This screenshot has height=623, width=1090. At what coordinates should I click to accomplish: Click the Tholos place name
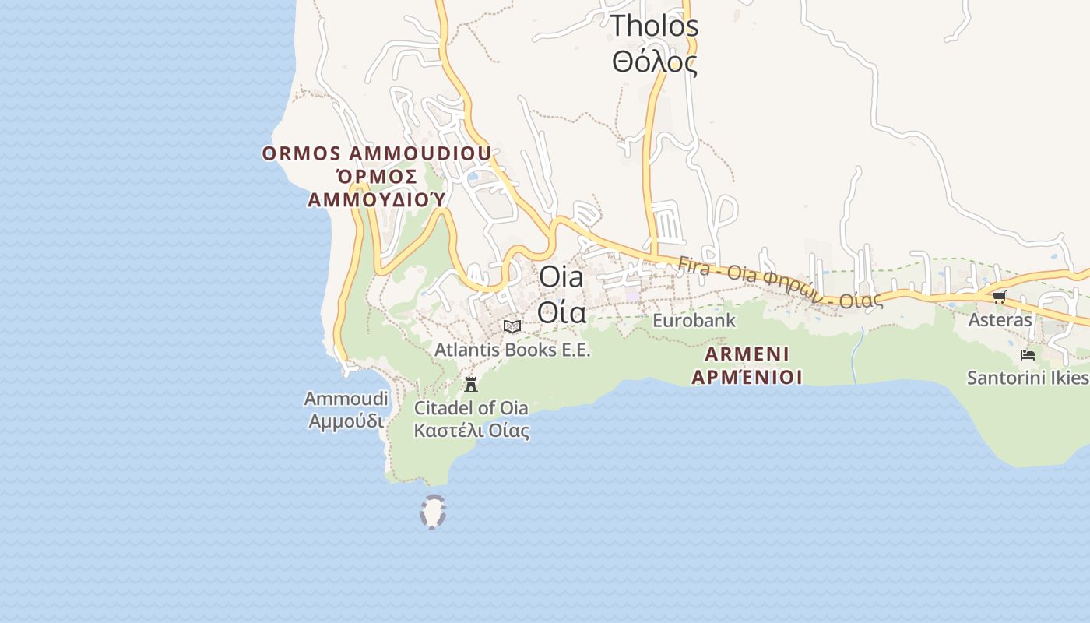(x=654, y=26)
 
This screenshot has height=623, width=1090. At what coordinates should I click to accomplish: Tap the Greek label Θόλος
(x=654, y=62)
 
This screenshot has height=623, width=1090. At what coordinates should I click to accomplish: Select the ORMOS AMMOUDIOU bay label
(x=377, y=153)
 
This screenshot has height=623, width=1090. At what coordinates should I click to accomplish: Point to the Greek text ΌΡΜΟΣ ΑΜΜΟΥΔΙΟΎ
(x=377, y=188)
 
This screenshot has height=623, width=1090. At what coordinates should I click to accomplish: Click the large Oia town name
(x=561, y=276)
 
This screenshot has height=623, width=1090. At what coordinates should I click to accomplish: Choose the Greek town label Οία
(x=561, y=312)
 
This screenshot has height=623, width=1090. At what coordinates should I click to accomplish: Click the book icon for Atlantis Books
(x=512, y=326)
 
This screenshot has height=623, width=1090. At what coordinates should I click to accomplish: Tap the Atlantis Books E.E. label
(x=512, y=350)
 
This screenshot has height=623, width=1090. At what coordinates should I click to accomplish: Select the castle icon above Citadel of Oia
(x=470, y=383)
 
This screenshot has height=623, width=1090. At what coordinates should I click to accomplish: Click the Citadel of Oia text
(x=471, y=408)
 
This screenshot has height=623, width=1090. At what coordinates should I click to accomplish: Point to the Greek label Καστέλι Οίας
(x=471, y=431)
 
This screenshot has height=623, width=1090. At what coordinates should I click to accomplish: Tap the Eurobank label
(x=694, y=320)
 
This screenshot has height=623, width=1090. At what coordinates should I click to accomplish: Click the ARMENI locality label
(x=747, y=355)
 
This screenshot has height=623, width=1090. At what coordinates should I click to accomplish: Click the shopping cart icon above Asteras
(x=1000, y=297)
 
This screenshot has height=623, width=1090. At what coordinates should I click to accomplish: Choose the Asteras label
(x=1000, y=320)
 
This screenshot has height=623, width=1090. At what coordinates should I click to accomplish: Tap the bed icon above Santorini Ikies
(x=1028, y=355)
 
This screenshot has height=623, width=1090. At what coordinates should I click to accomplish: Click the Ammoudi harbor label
(x=346, y=399)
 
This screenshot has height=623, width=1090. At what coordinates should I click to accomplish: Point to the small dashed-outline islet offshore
(x=433, y=512)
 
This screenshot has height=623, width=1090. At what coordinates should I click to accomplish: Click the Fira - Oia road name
(x=779, y=282)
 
